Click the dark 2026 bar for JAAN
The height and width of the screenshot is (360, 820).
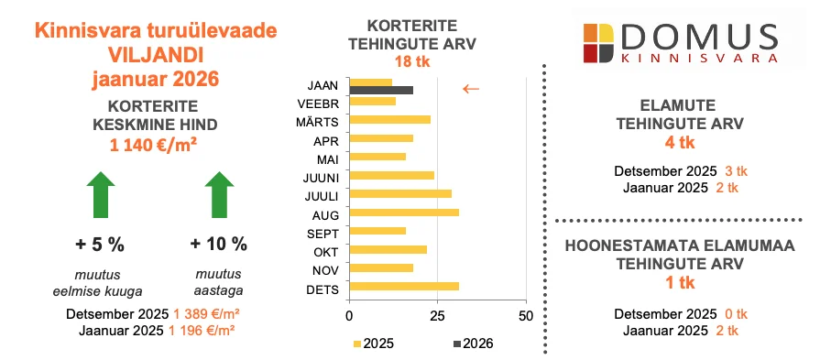click(381, 90)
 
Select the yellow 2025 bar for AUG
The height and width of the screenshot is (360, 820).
click(404, 213)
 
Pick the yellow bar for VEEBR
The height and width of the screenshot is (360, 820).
click(373, 101)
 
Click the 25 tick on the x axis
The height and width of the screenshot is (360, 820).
click(437, 316)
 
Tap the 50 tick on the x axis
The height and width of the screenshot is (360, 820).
click(525, 316)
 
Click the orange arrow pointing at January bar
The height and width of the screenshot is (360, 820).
click(470, 89)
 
